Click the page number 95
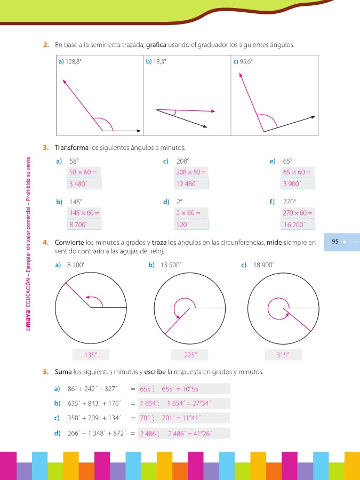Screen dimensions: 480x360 335,242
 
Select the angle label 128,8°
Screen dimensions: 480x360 73,62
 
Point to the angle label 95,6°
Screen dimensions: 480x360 246,62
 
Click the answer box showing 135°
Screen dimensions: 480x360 91,355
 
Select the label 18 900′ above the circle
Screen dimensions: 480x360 264,265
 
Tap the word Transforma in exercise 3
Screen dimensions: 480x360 71,147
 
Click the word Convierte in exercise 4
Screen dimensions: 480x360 69,242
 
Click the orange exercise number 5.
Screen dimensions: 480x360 45,371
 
